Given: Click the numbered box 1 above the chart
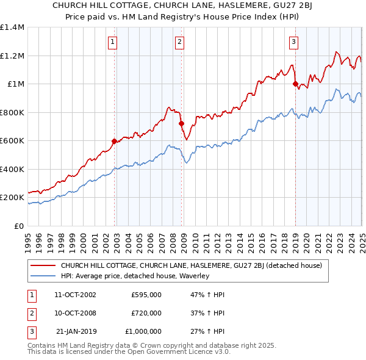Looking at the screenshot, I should [114, 42].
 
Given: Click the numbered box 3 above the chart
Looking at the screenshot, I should [294, 42].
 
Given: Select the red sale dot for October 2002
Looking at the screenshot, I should [114, 142].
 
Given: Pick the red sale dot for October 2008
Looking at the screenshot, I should [181, 124].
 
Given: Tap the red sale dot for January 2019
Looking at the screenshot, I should [295, 84].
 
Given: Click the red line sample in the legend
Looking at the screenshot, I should [44, 265].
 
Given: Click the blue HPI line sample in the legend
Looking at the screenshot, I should [44, 276].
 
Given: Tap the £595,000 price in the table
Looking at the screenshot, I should [146, 294].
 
